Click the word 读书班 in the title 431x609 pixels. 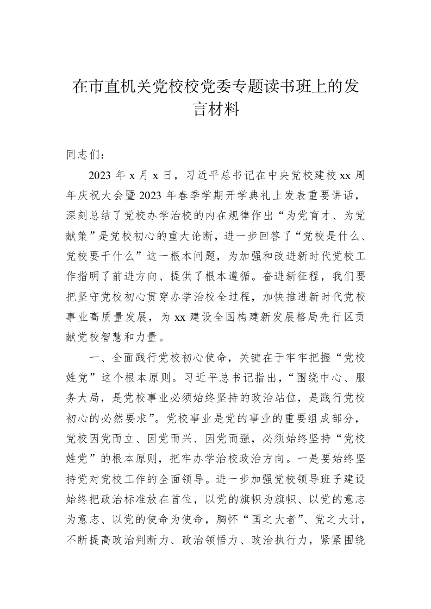[293, 87]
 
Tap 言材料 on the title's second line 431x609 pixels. [216, 110]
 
